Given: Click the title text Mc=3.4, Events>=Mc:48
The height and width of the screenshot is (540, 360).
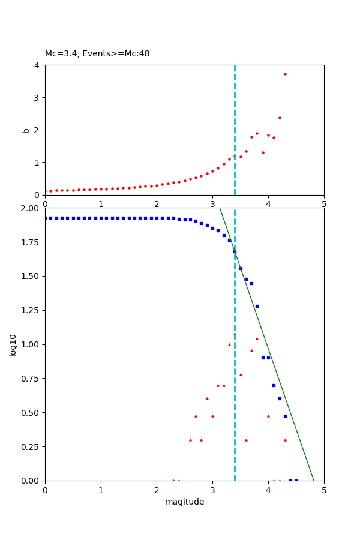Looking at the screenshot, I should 97,54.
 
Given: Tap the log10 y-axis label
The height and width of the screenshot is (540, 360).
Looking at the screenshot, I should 13,344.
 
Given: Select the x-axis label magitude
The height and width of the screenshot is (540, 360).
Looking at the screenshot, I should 184,502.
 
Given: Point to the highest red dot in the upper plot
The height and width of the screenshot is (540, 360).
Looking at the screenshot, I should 285,74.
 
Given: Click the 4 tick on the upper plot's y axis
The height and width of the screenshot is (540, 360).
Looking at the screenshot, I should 37,65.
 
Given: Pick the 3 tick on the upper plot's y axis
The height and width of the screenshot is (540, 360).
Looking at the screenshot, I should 37,98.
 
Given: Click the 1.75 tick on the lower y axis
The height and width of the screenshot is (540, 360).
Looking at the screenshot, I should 30,242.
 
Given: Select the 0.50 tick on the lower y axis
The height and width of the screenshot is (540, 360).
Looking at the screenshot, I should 30,413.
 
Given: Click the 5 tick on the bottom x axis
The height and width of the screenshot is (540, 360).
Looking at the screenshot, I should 324,490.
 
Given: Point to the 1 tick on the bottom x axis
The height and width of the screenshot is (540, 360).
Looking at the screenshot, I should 101,490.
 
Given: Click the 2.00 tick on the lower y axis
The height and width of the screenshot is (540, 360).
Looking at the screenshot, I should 30,208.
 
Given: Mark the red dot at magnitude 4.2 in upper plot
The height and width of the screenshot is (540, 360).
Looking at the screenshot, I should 280,118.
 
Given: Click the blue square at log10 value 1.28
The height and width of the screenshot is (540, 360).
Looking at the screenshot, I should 257,306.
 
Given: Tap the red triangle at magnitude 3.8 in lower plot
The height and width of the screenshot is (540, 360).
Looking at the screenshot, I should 257,338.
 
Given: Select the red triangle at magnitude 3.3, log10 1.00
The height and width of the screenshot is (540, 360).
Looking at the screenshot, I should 229,344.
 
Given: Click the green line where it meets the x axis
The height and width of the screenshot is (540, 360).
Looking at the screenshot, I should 313,480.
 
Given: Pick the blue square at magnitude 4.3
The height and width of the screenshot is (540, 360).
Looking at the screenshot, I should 285,416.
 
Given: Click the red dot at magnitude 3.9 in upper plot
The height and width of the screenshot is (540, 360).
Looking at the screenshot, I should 263,152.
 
